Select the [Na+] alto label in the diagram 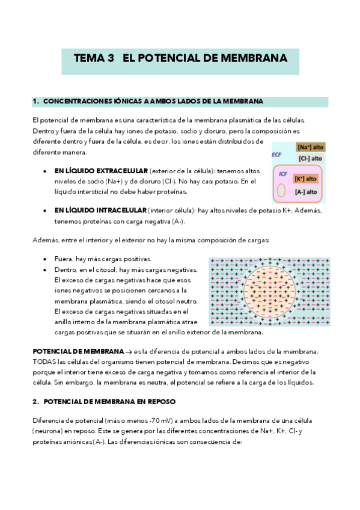310,147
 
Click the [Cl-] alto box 310,158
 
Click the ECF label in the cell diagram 276,155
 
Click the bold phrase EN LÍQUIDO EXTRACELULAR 101,171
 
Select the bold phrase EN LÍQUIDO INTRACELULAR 100,210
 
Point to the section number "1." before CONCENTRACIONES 35,101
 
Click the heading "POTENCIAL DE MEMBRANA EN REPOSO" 109,401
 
